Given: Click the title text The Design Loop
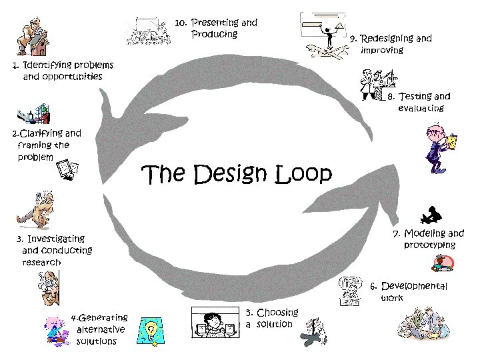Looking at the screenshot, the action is click(x=237, y=175).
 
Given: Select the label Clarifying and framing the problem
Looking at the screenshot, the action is click(x=45, y=145).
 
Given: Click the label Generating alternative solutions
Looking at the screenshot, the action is click(x=100, y=329).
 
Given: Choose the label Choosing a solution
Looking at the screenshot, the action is click(x=271, y=318).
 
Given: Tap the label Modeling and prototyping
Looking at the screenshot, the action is click(x=430, y=239).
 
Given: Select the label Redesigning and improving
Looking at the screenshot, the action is click(x=392, y=44).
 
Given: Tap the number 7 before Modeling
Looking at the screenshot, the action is click(x=396, y=234).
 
